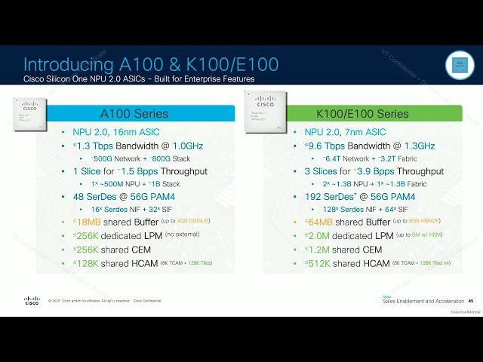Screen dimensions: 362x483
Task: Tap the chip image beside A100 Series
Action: pyautogui.click(x=29, y=112)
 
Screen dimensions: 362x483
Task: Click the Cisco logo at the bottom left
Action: pyautogui.click(x=32, y=301)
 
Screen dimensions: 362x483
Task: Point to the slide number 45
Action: pyautogui.click(x=471, y=302)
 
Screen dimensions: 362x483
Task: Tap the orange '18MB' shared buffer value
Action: pyautogui.click(x=89, y=222)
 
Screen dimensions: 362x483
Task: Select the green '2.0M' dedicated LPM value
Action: pyautogui.click(x=321, y=235)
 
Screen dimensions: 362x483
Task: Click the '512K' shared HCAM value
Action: pyautogui.click(x=322, y=263)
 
